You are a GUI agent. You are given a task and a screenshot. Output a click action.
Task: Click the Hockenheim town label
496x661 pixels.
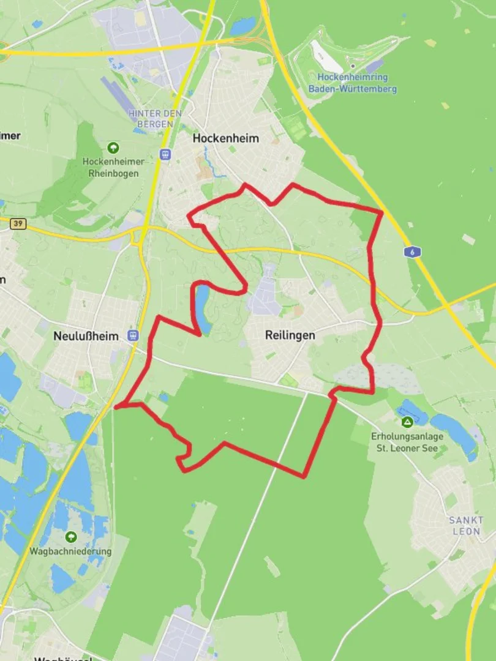pyautogui.click(x=225, y=138)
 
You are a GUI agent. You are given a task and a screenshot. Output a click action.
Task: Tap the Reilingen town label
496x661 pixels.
pyautogui.click(x=290, y=335)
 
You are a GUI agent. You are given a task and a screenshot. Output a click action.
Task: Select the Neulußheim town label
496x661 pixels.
pyautogui.click(x=86, y=336)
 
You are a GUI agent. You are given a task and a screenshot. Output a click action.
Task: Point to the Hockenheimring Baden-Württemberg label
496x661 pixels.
pyautogui.click(x=353, y=83)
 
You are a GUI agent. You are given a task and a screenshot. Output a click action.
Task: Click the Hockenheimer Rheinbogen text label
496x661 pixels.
pyautogui.click(x=113, y=167)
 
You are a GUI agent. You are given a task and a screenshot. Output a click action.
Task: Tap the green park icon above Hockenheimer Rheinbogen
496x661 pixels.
pyautogui.click(x=113, y=148)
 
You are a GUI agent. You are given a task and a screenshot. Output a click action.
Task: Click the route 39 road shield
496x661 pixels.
pyautogui.click(x=18, y=224)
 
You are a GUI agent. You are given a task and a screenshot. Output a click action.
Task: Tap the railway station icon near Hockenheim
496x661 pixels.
pyautogui.click(x=164, y=154)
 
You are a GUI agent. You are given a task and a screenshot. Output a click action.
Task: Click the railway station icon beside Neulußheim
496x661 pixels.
pyautogui.click(x=133, y=335)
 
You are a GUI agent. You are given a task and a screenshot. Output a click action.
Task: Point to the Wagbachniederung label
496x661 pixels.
pyautogui.click(x=71, y=551)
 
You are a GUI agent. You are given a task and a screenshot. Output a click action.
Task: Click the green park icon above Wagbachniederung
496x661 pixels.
pyautogui.click(x=71, y=537)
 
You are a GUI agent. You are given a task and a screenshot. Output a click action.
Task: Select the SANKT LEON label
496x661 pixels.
pyautogui.click(x=467, y=525)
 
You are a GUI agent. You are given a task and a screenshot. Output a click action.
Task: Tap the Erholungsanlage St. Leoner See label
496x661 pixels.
pyautogui.click(x=407, y=442)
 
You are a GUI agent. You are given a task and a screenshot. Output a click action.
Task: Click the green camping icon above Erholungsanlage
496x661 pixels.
pyautogui.click(x=407, y=422)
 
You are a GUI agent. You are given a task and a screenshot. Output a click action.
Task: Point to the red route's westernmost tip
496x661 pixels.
pyautogui.click(x=116, y=406)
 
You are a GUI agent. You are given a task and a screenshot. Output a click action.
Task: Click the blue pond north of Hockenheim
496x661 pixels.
pyautogui.click(x=242, y=26)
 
